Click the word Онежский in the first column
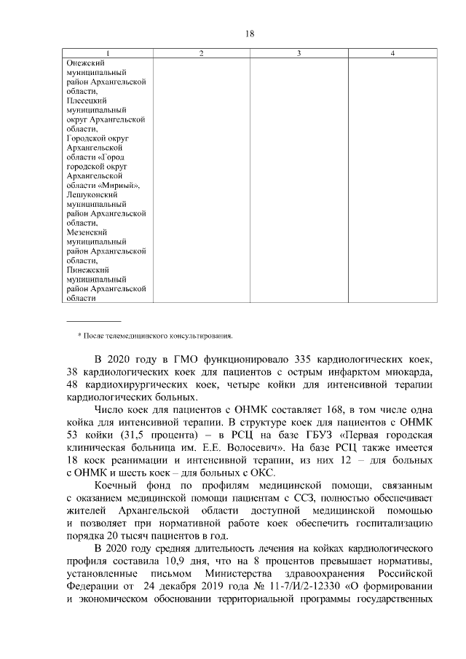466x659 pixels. click(83, 63)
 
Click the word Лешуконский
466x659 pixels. click(91, 195)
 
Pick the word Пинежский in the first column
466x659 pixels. click(86, 269)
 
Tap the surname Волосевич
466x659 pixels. click(257, 449)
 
